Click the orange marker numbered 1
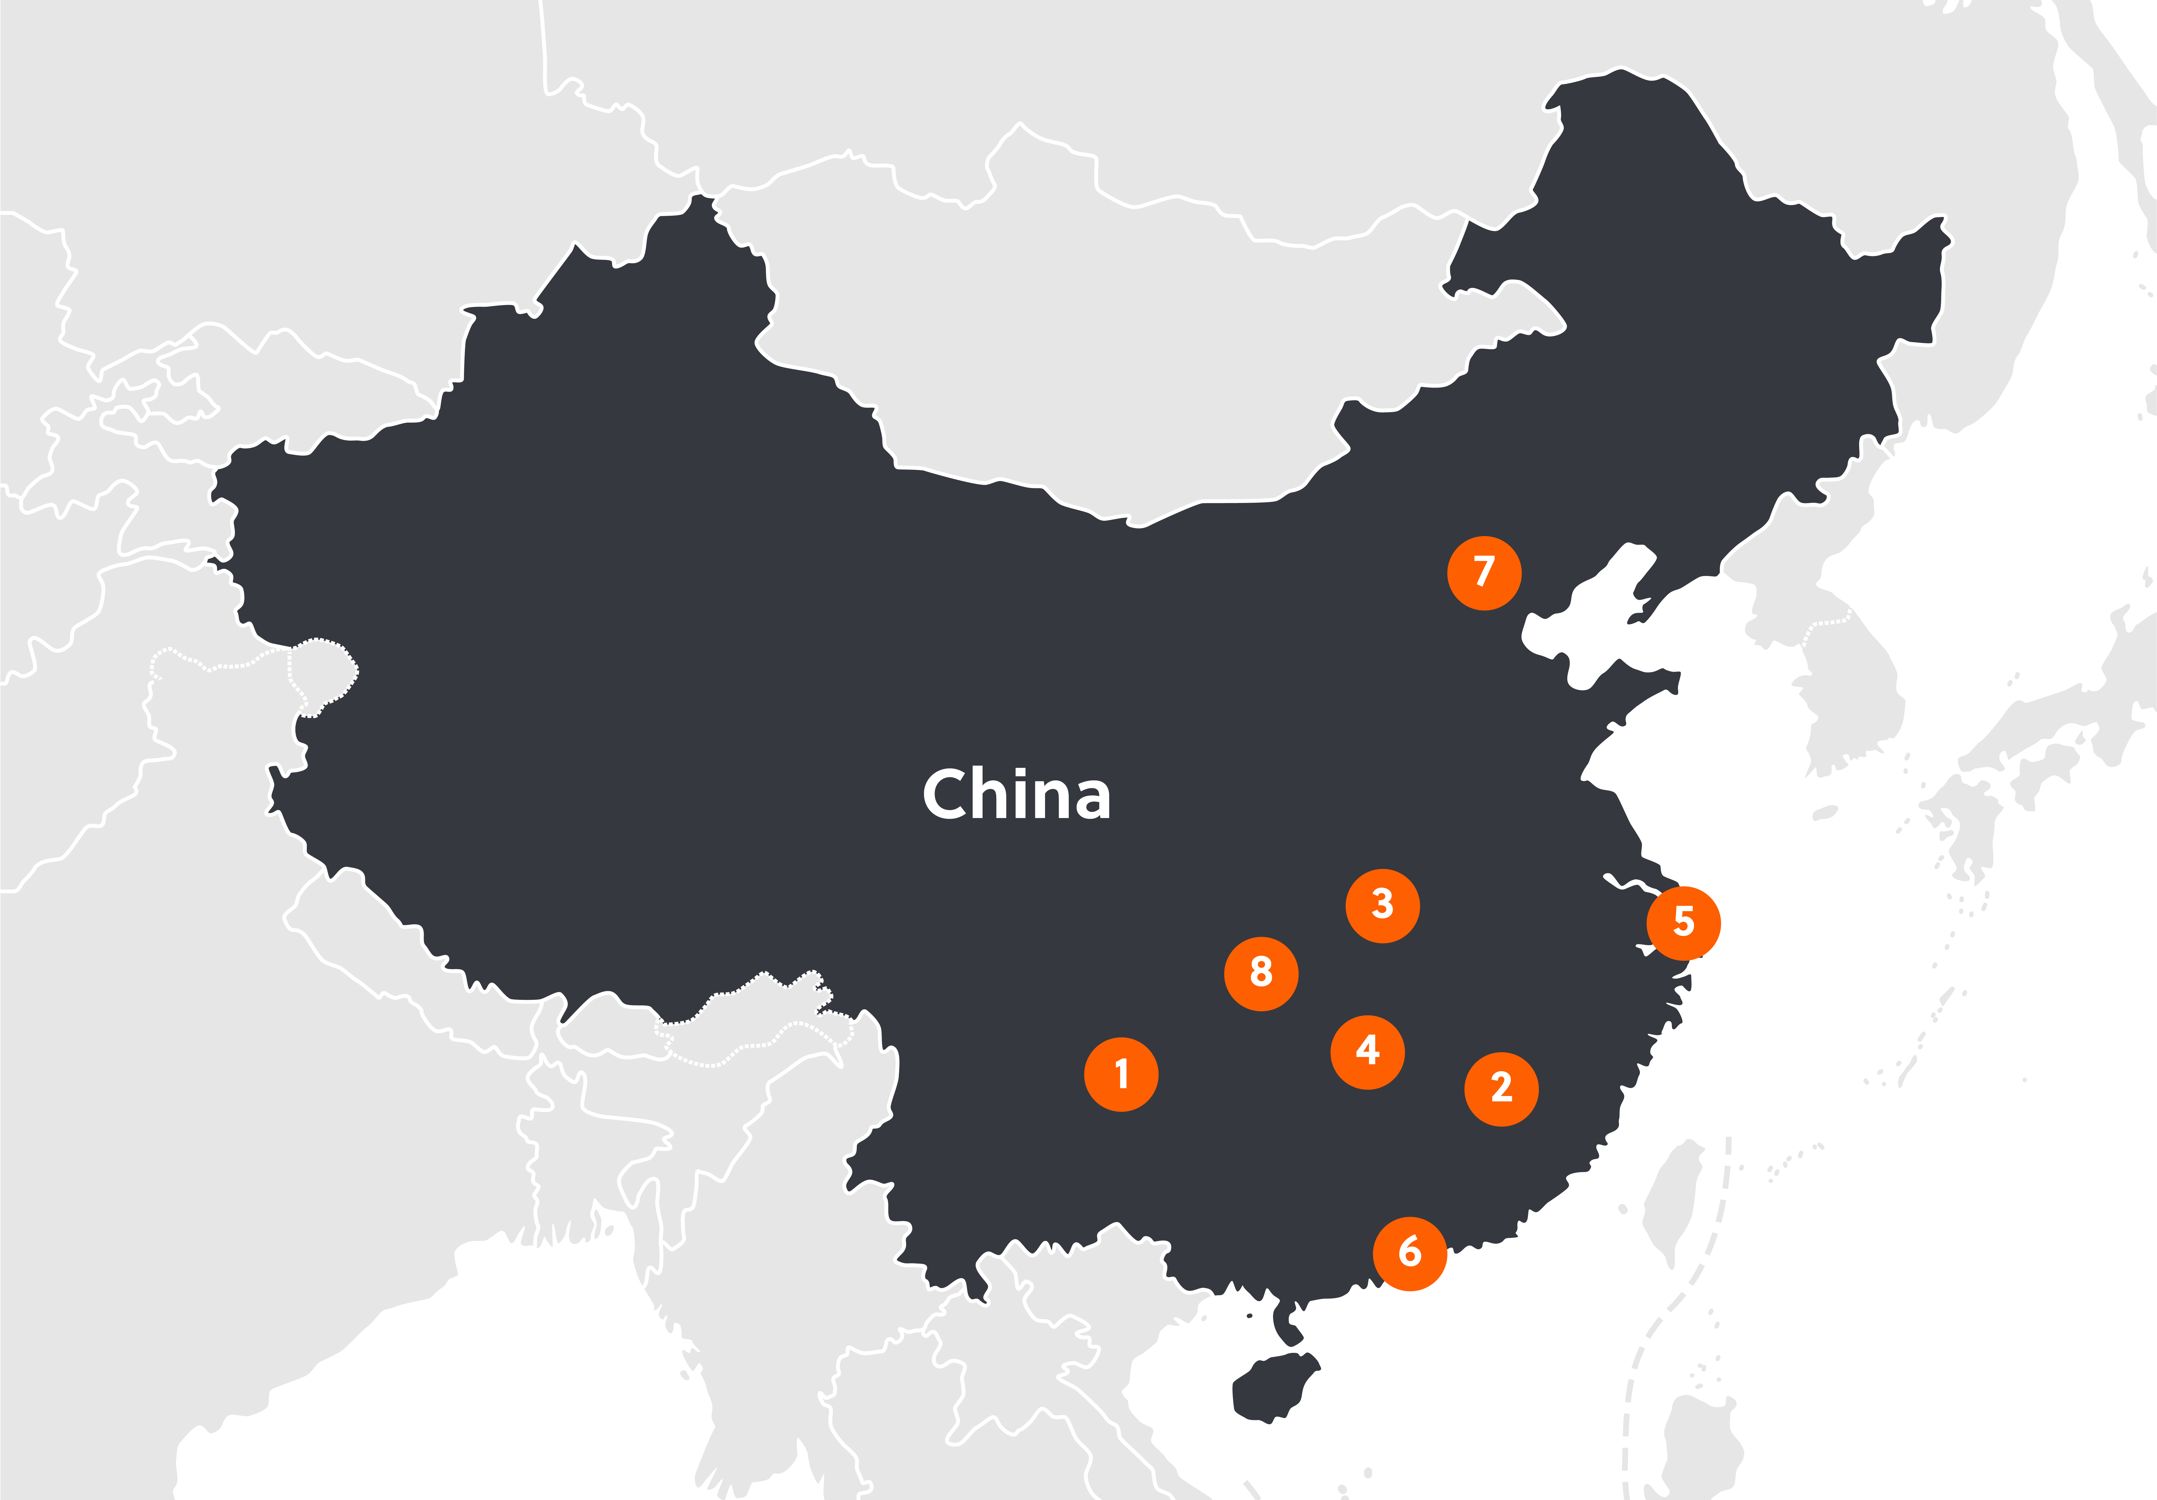point(1121,1075)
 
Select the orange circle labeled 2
point(1501,1088)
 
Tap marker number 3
point(1382,906)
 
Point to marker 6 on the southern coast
point(1409,1253)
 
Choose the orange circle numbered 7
point(1483,573)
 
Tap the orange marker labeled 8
point(1261,974)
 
